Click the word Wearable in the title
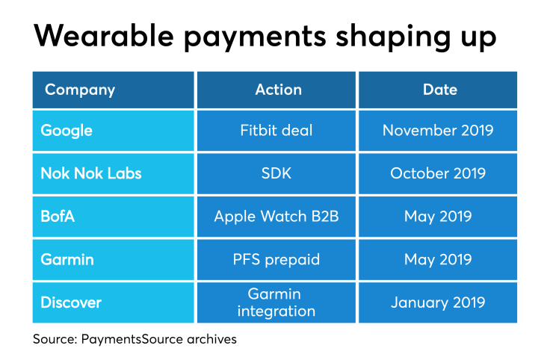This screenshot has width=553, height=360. click(x=104, y=36)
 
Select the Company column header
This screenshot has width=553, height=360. click(x=113, y=90)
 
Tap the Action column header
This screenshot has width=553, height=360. click(x=276, y=90)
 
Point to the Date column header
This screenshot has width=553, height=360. click(x=438, y=90)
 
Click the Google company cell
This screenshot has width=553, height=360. click(x=113, y=131)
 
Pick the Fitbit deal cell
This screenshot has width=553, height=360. click(x=276, y=131)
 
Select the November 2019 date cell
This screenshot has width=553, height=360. click(x=438, y=131)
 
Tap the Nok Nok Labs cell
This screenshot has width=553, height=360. click(x=113, y=173)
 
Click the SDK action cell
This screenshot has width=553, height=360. click(x=276, y=173)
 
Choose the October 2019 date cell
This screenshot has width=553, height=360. click(x=438, y=173)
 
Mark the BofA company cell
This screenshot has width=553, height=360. click(x=113, y=217)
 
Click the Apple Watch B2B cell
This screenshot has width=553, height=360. click(x=276, y=217)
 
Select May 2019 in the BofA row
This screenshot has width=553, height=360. click(x=438, y=217)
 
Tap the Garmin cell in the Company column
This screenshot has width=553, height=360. click(x=113, y=260)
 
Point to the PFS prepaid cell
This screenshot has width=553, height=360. click(x=276, y=260)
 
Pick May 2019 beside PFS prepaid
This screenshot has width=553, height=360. click(x=438, y=260)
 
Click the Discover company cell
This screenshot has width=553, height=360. click(x=113, y=302)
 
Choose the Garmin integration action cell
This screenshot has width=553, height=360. click(x=276, y=302)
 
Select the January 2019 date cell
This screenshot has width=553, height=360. click(x=438, y=302)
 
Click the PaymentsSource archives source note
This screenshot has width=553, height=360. click(x=135, y=339)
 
